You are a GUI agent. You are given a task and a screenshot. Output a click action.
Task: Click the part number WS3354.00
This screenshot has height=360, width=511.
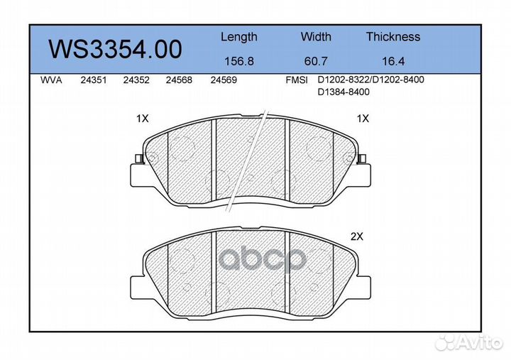(115, 50)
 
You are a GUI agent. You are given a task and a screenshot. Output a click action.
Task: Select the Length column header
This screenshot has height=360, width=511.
(239, 37)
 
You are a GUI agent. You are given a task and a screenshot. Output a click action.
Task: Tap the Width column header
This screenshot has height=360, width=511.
(316, 36)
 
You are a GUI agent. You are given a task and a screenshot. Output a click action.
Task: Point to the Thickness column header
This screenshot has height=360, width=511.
(393, 36)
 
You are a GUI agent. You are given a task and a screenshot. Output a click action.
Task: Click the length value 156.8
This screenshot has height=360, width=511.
(239, 61)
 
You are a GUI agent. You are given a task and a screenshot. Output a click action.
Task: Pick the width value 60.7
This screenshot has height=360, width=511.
(315, 61)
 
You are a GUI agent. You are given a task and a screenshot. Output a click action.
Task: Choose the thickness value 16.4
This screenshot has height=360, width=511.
(393, 61)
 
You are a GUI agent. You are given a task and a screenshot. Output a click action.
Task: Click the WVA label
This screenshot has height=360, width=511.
(51, 80)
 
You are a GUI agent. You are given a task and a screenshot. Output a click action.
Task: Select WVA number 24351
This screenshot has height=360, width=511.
(94, 80)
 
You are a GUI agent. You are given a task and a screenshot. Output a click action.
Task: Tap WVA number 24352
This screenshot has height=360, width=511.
(136, 80)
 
